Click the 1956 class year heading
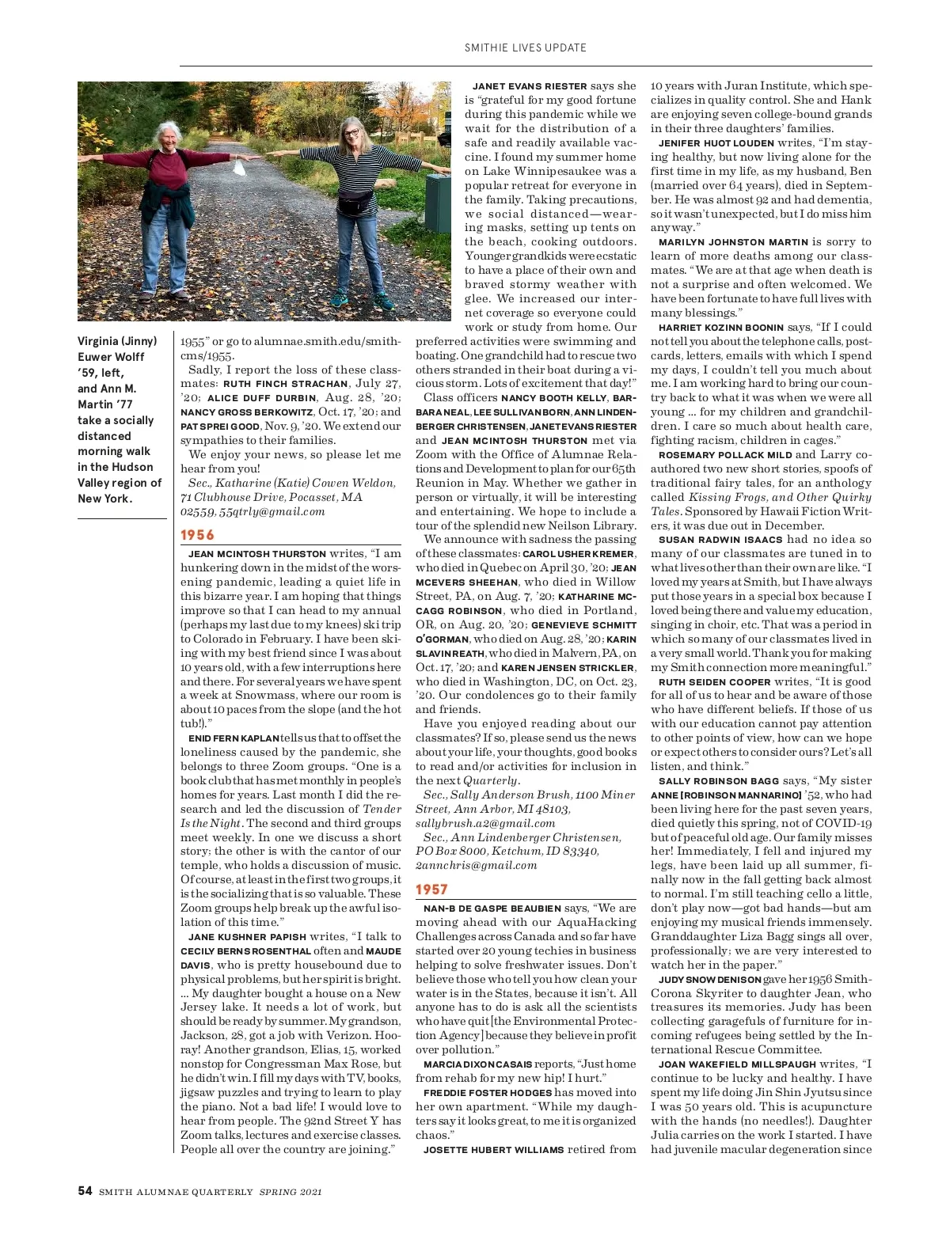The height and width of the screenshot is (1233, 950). click(197, 535)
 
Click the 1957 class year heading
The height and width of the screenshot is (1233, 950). click(432, 890)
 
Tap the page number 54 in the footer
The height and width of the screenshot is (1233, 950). click(85, 1191)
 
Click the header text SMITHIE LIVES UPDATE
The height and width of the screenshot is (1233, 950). click(525, 47)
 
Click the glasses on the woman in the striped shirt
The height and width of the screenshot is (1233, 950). click(352, 134)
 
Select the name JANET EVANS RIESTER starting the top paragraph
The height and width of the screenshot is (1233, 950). click(529, 86)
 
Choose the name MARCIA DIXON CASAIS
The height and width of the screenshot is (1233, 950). click(477, 1064)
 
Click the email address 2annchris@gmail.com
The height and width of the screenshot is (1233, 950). click(476, 865)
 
